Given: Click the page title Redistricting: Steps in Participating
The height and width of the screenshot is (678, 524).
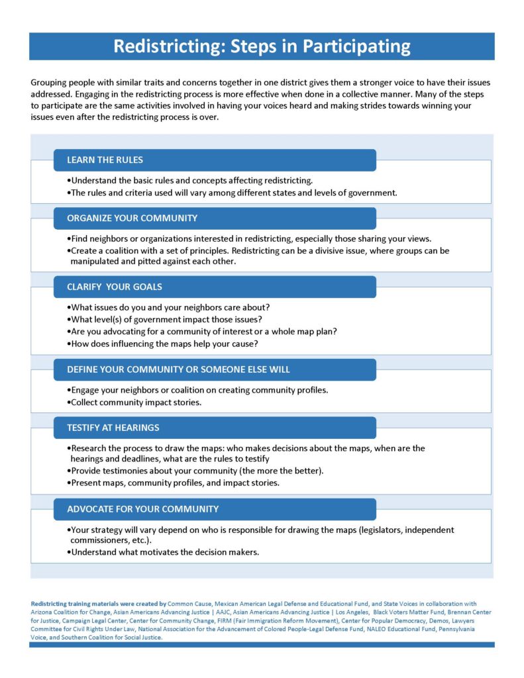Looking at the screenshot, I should click(262, 46).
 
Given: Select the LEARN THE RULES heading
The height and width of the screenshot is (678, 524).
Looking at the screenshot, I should click(105, 160).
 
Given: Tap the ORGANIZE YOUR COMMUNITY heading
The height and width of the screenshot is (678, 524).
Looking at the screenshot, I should click(132, 218).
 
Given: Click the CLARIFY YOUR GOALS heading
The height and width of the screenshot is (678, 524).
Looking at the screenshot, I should click(114, 287).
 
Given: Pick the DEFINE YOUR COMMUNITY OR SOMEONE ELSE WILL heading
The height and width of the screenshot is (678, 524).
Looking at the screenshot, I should click(178, 369).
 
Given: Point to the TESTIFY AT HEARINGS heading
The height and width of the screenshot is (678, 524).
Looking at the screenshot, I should click(113, 428).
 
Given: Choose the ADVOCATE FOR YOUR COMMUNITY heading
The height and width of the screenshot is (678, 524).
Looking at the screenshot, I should click(142, 509).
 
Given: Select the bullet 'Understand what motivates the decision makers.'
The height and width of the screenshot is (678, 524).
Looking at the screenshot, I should click(164, 552).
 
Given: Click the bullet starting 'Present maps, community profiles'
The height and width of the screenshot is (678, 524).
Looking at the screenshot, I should click(175, 483).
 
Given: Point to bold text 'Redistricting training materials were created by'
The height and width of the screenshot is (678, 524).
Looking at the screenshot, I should click(98, 604).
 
